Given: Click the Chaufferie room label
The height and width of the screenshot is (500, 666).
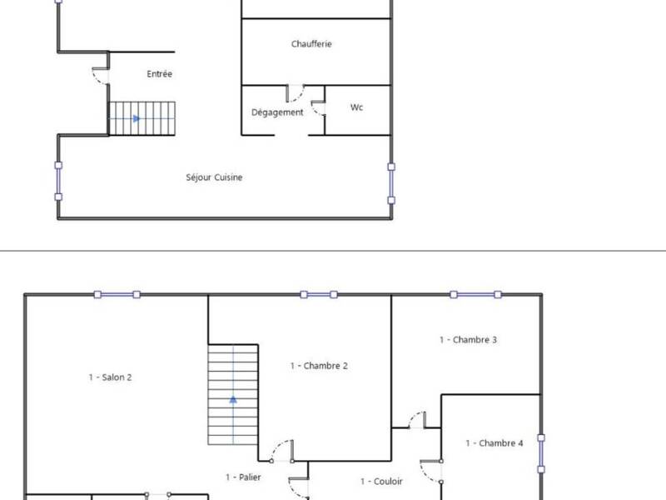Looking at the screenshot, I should click(x=312, y=44).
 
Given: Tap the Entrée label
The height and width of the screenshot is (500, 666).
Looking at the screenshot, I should click(x=159, y=74).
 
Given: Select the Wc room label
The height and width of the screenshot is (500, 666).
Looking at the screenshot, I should click(x=357, y=107).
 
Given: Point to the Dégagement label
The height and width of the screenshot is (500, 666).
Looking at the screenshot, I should click(x=277, y=112).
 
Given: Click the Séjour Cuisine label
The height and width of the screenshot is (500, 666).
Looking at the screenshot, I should click(x=215, y=177).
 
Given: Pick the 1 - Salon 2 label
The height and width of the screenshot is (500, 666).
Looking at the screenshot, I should click(x=110, y=377).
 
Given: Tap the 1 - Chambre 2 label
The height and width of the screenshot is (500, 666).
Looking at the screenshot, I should click(x=318, y=366).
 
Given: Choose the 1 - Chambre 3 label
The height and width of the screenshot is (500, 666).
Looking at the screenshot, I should click(x=468, y=339).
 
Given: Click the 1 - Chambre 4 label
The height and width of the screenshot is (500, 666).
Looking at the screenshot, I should click(x=494, y=443).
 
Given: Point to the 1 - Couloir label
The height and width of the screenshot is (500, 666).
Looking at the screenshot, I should click(x=381, y=481).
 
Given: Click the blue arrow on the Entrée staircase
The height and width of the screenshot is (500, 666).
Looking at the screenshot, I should click(x=136, y=118).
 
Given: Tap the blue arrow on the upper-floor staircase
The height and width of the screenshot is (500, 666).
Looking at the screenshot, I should click(x=233, y=399).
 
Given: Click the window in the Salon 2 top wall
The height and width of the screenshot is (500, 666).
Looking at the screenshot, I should click(x=117, y=294).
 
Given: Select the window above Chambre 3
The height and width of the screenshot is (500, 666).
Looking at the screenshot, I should click(x=475, y=294).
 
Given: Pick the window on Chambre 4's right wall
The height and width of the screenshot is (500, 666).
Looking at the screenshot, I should click(x=541, y=454).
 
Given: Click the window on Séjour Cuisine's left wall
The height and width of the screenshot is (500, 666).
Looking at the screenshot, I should click(x=57, y=178).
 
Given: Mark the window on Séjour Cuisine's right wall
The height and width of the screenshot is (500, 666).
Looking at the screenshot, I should click(x=391, y=182).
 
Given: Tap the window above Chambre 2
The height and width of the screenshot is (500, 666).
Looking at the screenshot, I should click(x=319, y=294).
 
